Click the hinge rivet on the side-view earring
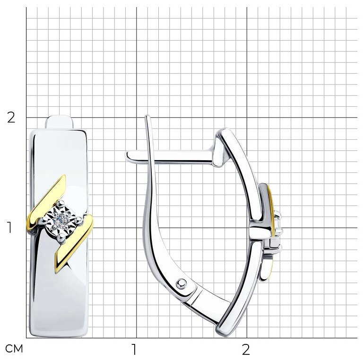[181, 283]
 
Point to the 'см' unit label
[14, 349]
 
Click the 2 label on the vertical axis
[11, 118]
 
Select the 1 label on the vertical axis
[9, 227]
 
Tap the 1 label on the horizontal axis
[134, 349]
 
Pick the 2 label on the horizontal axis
[246, 349]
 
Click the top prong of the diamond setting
[61, 204]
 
